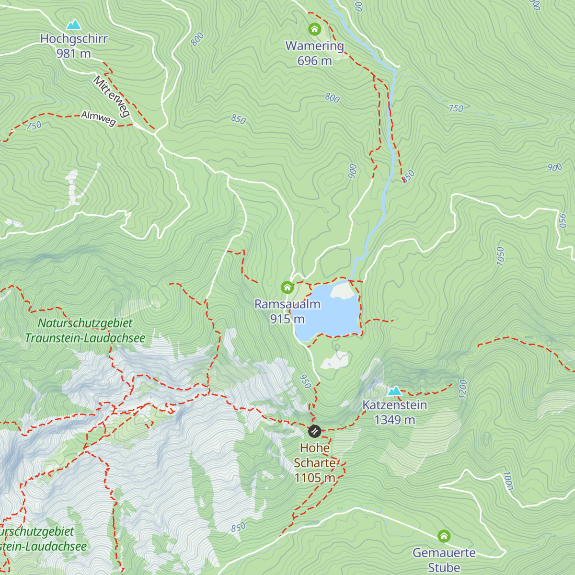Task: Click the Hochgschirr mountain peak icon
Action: click(x=74, y=24)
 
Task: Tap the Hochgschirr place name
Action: click(x=74, y=39)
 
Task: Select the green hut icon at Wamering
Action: click(x=314, y=30)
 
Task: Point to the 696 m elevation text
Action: click(x=314, y=61)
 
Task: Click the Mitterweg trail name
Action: click(x=112, y=96)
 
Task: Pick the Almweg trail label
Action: click(x=98, y=118)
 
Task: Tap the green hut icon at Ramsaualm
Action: click(x=287, y=287)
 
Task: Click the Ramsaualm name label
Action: click(x=287, y=304)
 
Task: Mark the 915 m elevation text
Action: click(x=287, y=319)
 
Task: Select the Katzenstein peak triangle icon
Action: click(x=394, y=391)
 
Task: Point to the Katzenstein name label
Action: click(x=394, y=405)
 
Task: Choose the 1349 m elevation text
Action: click(x=394, y=420)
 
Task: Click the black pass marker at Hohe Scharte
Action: click(x=314, y=431)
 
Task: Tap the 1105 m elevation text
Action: click(x=314, y=478)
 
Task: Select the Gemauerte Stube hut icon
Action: click(x=444, y=536)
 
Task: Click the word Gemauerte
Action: click(x=444, y=553)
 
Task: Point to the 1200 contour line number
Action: click(x=462, y=389)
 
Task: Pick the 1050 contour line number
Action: click(x=500, y=256)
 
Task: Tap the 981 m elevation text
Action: click(x=74, y=54)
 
